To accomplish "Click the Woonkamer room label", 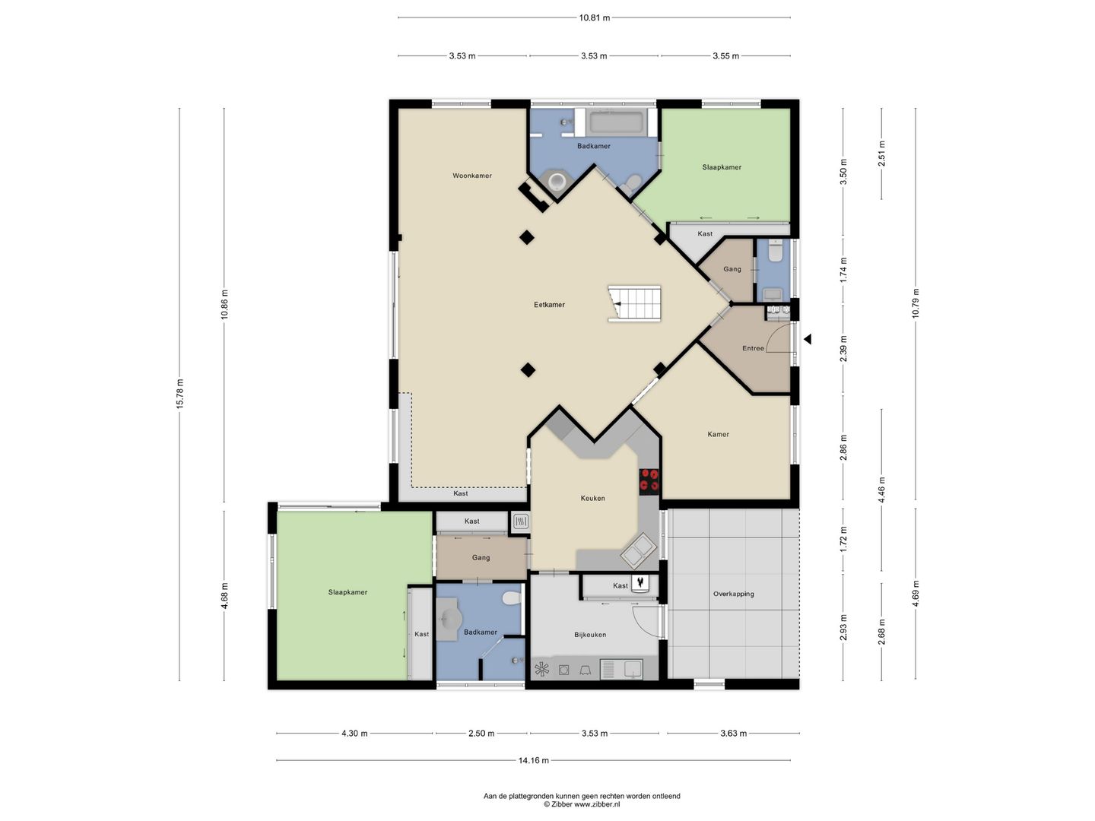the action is click(x=472, y=176).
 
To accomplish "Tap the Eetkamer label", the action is click(x=549, y=305).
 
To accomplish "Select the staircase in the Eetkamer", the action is click(x=634, y=303).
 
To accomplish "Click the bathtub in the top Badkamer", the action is click(x=616, y=122).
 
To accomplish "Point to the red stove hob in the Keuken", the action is click(x=649, y=481).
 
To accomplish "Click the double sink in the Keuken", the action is click(x=638, y=551).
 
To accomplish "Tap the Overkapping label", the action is click(x=733, y=594).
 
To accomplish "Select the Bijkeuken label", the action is click(x=590, y=635).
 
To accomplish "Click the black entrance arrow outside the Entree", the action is click(x=807, y=339).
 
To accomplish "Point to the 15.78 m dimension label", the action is click(x=180, y=394).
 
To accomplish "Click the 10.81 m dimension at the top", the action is click(x=594, y=18).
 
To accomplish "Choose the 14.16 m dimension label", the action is click(x=533, y=760).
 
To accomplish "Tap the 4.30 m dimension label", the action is click(x=354, y=734).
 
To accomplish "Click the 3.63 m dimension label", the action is click(x=733, y=734).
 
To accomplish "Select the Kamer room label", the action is click(x=718, y=434).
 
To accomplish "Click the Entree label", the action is click(x=753, y=348).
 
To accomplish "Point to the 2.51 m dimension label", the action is click(x=882, y=154).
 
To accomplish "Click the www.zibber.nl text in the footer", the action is click(x=597, y=804).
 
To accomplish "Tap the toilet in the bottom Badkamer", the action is click(x=511, y=598).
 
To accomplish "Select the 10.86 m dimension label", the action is click(x=224, y=304).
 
